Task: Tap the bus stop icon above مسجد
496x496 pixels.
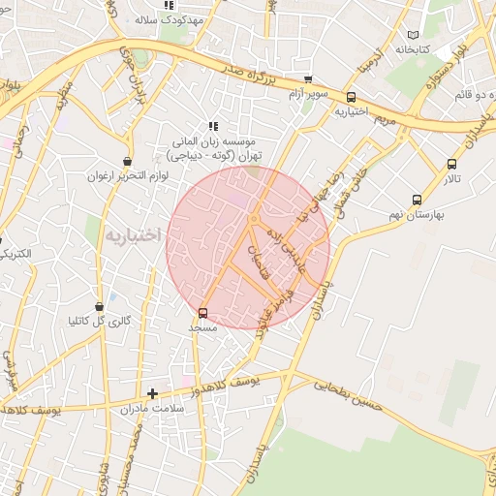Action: (202, 313)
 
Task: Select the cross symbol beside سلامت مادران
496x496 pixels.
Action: (152, 393)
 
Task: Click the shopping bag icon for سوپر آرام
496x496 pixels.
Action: (308, 79)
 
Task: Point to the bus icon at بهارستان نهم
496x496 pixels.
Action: (417, 200)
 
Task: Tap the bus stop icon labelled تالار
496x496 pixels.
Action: (452, 164)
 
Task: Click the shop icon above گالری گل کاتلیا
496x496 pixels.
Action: (100, 306)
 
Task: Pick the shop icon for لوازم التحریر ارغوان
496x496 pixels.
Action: (127, 162)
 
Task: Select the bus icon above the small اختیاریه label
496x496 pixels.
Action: (351, 97)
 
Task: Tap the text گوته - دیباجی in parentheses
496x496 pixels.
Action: (207, 155)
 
